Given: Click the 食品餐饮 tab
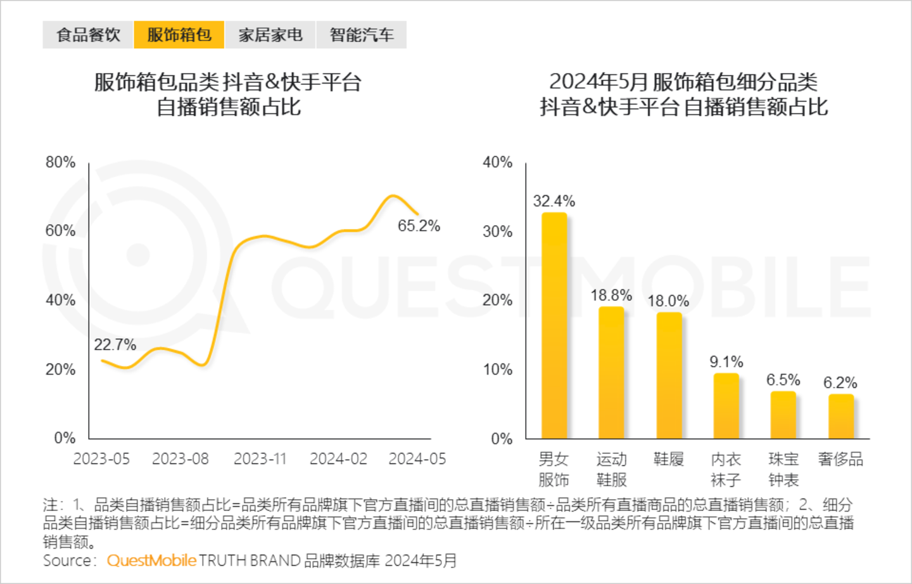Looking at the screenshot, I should pyautogui.click(x=88, y=35).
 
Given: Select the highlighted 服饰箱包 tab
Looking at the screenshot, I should pyautogui.click(x=179, y=35).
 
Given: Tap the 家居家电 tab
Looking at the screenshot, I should pyautogui.click(x=270, y=35).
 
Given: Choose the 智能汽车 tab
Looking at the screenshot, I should pyautogui.click(x=362, y=35).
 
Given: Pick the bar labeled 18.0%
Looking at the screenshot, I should pyautogui.click(x=669, y=375).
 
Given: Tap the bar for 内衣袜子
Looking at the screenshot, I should pyautogui.click(x=726, y=406).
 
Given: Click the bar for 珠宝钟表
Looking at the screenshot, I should pyautogui.click(x=783, y=415).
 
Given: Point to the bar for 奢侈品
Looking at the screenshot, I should pyautogui.click(x=841, y=416).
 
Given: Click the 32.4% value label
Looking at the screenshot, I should pyautogui.click(x=554, y=202).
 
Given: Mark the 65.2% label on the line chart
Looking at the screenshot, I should pyautogui.click(x=419, y=226).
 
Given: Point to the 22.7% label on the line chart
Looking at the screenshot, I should pyautogui.click(x=115, y=345).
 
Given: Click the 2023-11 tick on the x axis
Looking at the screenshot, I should pyautogui.click(x=260, y=458).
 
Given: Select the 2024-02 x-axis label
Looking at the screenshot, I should pyautogui.click(x=338, y=458).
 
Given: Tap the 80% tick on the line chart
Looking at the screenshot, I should pyautogui.click(x=60, y=162).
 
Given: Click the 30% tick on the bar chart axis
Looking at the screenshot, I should pyautogui.click(x=497, y=231).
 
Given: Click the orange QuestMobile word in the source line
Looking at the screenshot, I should pyautogui.click(x=151, y=561).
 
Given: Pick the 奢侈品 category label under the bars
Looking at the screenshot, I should pyautogui.click(x=840, y=459).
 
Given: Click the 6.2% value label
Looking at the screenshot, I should pyautogui.click(x=840, y=383).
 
